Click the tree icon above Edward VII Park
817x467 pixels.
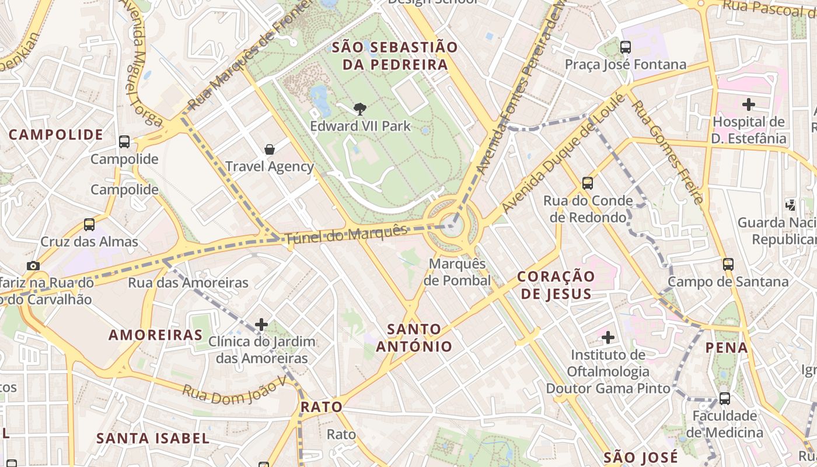point(360,108)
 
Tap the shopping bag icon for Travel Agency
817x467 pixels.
point(270,149)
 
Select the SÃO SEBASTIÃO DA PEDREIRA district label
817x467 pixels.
point(395,56)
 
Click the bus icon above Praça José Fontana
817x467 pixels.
point(626,47)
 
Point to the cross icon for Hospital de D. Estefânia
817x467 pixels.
point(748,105)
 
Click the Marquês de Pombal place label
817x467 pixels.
point(458,272)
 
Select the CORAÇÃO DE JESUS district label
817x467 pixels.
point(556,285)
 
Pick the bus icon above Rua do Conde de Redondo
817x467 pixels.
point(588,183)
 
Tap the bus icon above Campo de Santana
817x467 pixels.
point(728,264)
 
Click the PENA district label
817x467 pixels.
point(727,348)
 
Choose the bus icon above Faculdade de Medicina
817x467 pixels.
point(724,399)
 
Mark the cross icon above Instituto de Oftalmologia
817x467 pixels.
point(608,337)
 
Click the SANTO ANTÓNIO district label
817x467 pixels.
point(414,338)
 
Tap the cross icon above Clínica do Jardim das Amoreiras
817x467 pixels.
point(261,325)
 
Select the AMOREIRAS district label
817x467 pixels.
point(156,335)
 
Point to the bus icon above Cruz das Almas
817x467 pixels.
point(89,225)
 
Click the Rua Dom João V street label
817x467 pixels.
point(235,388)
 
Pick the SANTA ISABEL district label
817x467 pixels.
point(153,438)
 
